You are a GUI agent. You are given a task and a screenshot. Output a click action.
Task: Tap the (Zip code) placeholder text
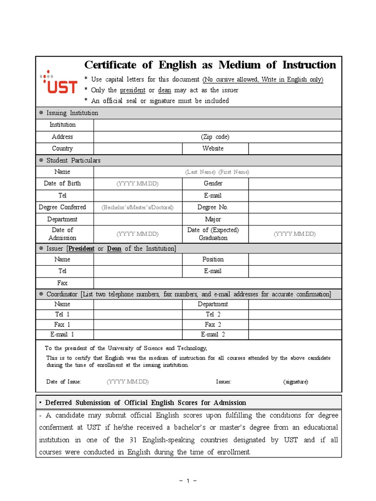point(215,137)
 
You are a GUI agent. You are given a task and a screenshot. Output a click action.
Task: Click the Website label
point(212,149)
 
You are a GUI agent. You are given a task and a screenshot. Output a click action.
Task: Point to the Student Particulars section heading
point(73,160)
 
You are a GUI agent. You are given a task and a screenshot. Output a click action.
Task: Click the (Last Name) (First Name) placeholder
point(217,172)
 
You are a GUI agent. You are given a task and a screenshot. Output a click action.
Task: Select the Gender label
point(213,183)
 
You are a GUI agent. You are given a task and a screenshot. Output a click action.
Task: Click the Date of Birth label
point(62,183)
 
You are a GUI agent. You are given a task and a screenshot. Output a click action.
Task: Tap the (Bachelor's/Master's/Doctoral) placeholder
point(138,207)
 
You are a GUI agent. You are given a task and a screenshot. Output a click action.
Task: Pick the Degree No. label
point(212,207)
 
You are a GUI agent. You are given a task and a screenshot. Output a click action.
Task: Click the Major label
point(213,220)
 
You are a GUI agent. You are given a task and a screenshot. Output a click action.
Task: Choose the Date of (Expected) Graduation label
point(213,234)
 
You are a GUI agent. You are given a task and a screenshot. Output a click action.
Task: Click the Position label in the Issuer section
point(213,259)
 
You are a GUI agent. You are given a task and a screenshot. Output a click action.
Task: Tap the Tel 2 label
point(213,315)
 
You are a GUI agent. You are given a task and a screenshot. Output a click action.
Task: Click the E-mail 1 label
point(62,335)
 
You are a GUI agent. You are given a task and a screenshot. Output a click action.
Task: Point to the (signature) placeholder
point(295,382)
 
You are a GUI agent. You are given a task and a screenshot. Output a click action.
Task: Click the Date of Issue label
point(64,382)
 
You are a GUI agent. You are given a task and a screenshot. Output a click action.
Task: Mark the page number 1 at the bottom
point(188,481)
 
